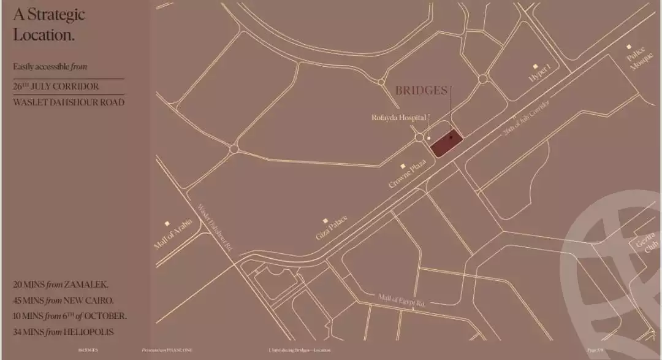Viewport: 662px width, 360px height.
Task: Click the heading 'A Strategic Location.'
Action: coord(49,24)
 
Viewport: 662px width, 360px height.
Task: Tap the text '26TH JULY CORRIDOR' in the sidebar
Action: coord(56,86)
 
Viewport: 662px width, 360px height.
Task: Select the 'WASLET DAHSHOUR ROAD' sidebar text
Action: coord(69,102)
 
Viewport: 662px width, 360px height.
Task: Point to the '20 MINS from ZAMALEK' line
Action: coord(61,285)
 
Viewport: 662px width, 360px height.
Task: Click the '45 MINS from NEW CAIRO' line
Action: coord(63,301)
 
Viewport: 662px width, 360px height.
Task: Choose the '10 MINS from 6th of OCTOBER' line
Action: coord(70,316)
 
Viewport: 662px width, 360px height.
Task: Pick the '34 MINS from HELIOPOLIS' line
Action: coord(63,332)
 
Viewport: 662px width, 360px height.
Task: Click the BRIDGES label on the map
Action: coord(421,91)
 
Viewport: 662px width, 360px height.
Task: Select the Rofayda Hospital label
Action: coord(398,117)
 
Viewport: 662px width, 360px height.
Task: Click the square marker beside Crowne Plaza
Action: coord(403,166)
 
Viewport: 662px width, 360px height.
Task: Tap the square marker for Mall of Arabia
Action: coord(167,224)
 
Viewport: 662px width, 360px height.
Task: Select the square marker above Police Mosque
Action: coord(629,47)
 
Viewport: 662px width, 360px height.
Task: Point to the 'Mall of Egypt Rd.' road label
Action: coord(401,301)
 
